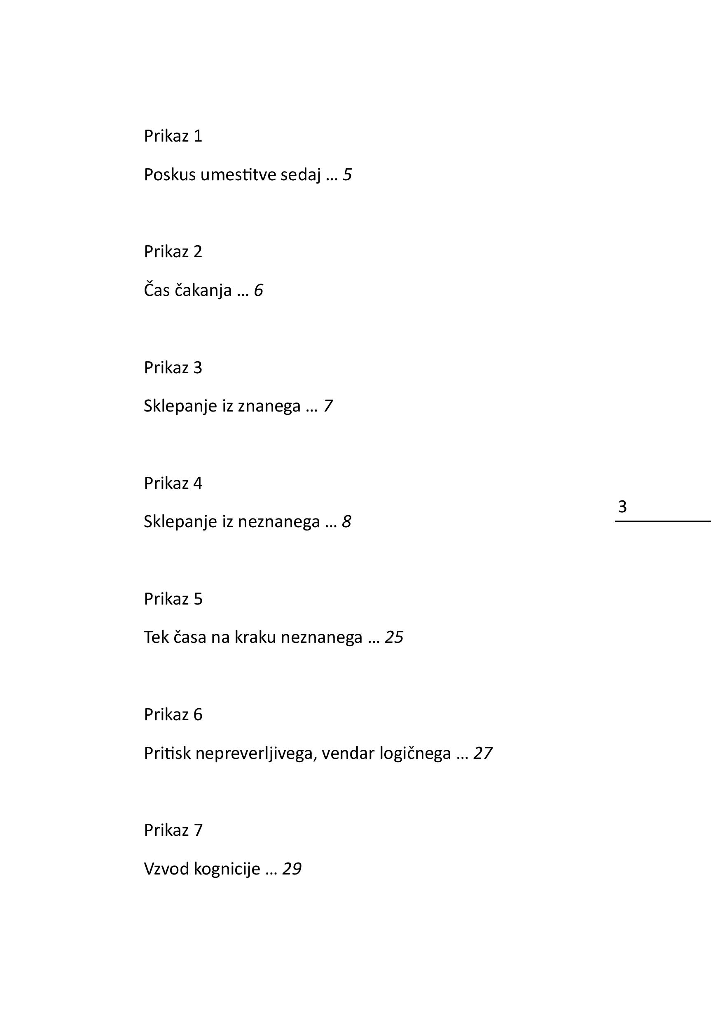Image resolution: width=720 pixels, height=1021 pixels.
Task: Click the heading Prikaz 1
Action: [173, 136]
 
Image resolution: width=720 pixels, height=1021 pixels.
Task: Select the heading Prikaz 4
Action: [173, 484]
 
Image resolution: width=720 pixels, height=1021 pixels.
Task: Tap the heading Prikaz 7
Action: [173, 830]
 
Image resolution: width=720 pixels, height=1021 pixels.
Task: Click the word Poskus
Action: [170, 175]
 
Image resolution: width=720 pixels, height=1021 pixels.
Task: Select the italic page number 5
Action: [348, 175]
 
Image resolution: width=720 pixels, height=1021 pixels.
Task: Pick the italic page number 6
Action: [259, 291]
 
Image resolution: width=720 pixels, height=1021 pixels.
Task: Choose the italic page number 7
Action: [328, 406]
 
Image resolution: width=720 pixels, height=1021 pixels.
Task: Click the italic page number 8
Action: [347, 522]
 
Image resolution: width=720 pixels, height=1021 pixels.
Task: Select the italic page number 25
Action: [394, 637]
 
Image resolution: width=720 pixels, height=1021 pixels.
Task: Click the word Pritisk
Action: [167, 753]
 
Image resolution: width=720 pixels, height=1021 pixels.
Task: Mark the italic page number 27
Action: [483, 753]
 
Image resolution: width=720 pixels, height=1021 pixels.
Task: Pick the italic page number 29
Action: [292, 869]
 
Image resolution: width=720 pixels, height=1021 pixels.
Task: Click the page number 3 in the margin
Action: [622, 507]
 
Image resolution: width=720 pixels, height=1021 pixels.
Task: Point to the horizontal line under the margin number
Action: [663, 521]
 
